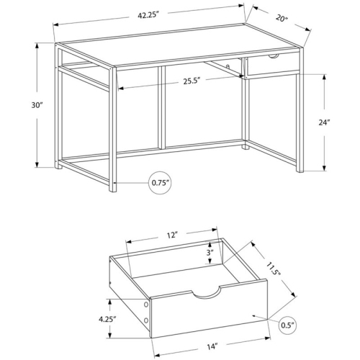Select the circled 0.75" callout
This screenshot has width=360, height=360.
click(x=161, y=183)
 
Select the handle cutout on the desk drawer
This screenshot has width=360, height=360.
click(x=274, y=57)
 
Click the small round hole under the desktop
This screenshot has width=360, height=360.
click(x=228, y=66)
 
